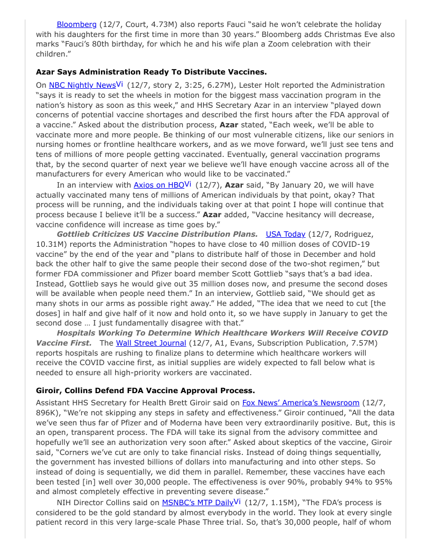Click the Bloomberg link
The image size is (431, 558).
[77, 24]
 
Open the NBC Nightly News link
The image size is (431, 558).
[82, 85]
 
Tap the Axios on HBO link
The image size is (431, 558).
[158, 185]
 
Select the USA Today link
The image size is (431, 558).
[285, 234]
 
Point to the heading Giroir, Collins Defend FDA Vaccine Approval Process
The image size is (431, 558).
[145, 390]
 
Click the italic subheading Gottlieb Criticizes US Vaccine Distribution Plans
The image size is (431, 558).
[157, 234]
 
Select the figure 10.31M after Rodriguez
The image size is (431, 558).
[49, 244]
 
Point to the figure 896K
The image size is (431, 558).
[48, 413]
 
